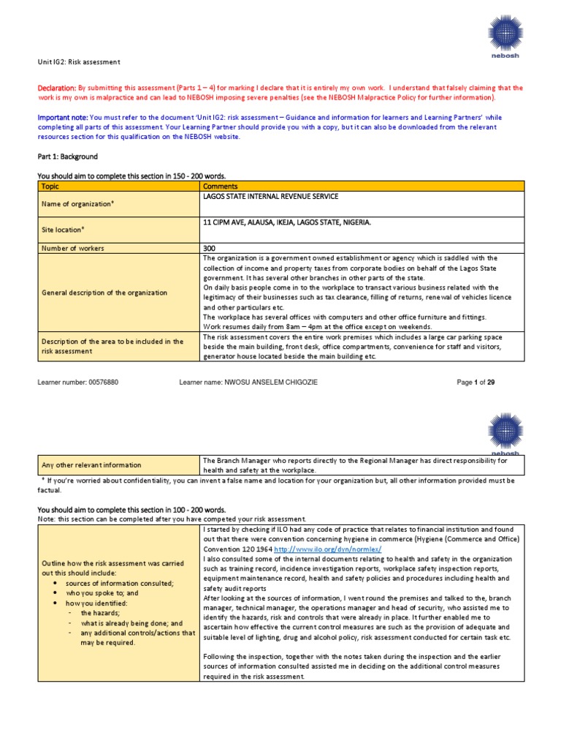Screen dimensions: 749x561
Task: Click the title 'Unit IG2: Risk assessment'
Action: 78,61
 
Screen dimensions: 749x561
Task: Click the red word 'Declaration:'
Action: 57,88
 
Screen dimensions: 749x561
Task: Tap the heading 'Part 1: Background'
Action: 67,157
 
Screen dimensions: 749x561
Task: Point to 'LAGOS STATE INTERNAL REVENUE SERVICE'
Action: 270,197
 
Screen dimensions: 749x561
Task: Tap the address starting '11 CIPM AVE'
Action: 286,222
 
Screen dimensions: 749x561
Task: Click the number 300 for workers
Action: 209,248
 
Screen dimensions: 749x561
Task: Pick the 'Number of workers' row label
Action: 75,248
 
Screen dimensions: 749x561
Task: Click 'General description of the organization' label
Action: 104,293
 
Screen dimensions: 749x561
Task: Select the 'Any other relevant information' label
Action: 92,464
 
